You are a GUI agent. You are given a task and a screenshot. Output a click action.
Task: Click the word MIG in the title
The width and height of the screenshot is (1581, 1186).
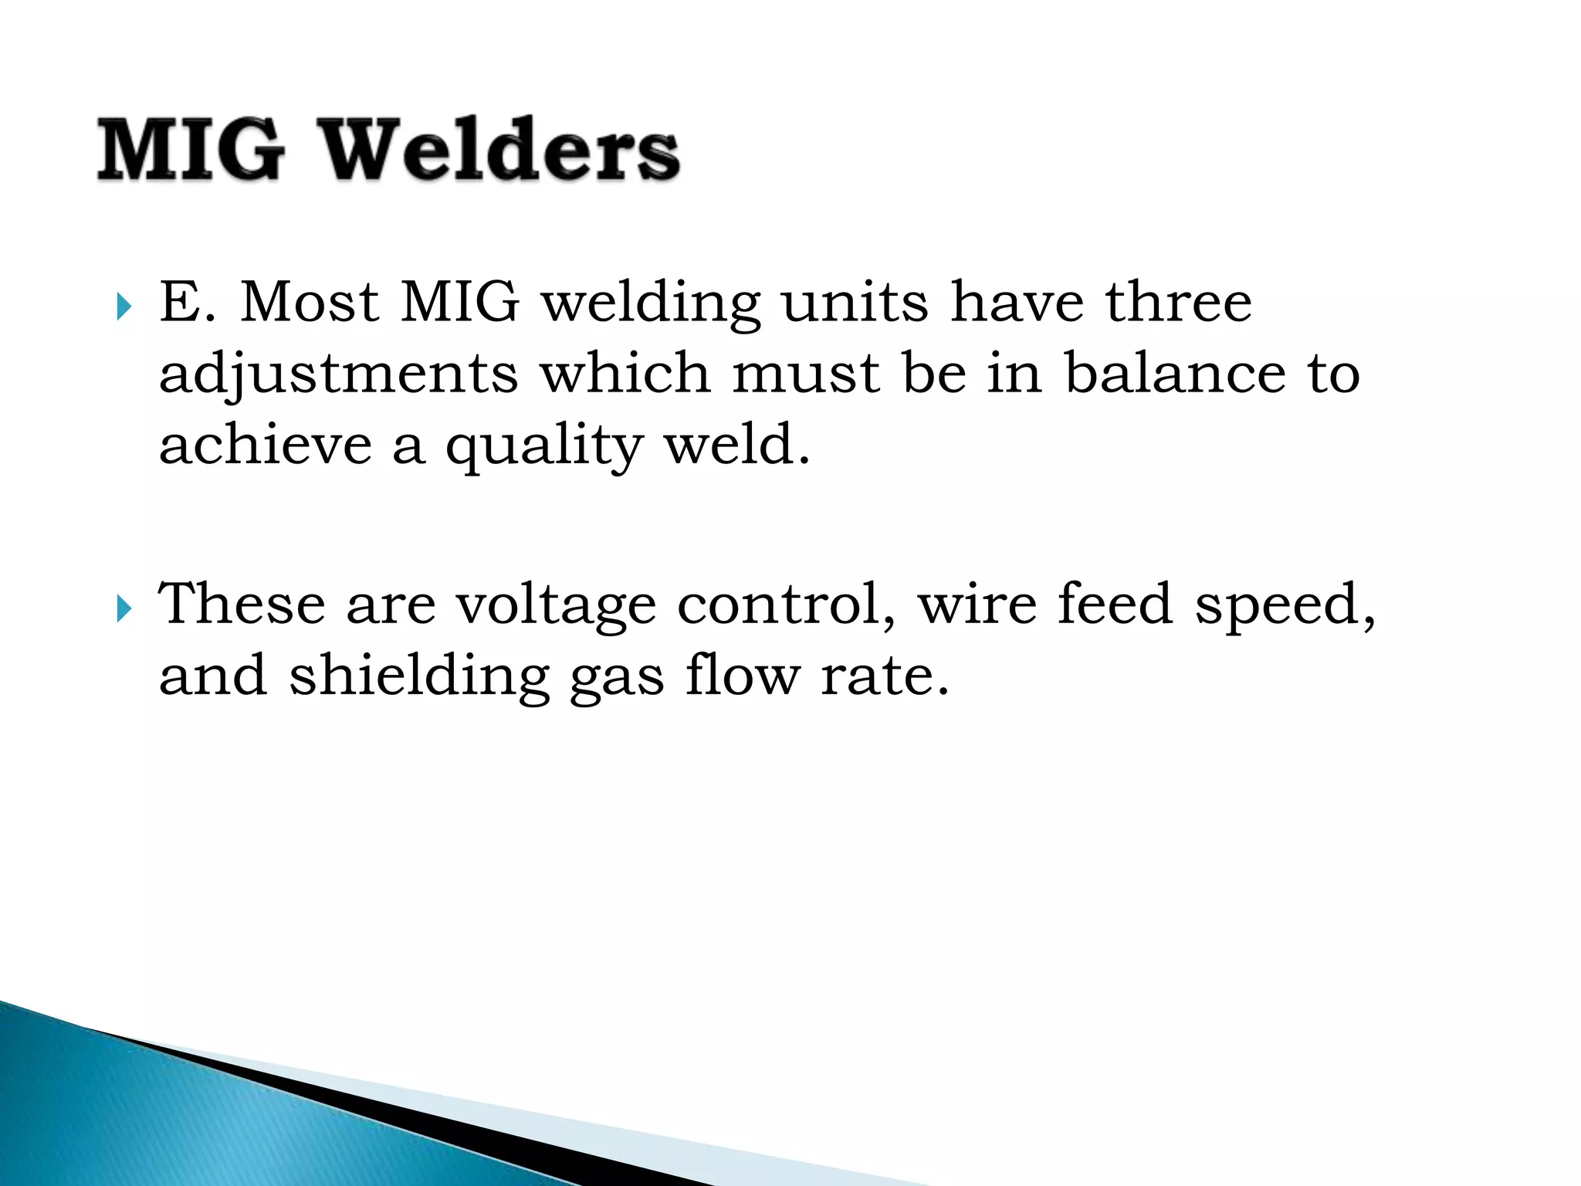pyautogui.click(x=191, y=150)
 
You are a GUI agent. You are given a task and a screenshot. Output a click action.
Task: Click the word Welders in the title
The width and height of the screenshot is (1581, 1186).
pyautogui.click(x=500, y=150)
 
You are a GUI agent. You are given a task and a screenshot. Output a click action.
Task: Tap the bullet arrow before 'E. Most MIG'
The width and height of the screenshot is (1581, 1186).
pyautogui.click(x=124, y=307)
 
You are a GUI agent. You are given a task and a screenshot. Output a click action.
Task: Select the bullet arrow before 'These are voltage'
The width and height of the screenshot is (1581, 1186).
pyautogui.click(x=124, y=609)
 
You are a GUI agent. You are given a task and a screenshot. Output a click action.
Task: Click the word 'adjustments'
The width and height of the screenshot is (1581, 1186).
pyautogui.click(x=338, y=374)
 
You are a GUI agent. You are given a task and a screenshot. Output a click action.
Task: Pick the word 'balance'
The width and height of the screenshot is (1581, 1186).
pyautogui.click(x=1174, y=374)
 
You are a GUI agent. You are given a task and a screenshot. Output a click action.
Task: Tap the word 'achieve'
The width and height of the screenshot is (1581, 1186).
pyautogui.click(x=265, y=446)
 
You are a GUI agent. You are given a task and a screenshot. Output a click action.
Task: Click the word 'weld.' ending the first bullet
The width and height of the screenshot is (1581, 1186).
pyautogui.click(x=737, y=446)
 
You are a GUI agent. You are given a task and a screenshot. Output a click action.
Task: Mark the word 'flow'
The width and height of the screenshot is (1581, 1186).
pyautogui.click(x=743, y=676)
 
